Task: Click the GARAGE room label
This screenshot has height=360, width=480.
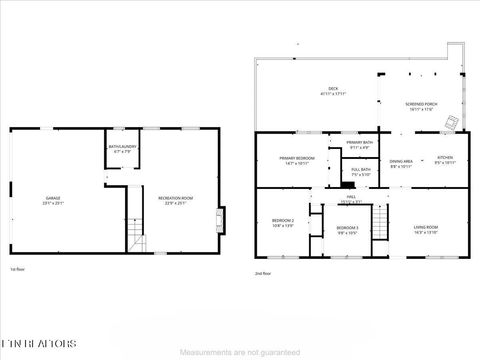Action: [x=52, y=199]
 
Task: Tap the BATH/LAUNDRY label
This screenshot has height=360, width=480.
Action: [x=122, y=150]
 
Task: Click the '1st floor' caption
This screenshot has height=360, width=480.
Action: [x=18, y=268]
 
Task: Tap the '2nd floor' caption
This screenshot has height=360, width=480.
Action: [x=263, y=271]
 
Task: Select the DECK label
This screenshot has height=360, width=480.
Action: [x=332, y=90]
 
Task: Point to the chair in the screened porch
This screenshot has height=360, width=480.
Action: [x=452, y=122]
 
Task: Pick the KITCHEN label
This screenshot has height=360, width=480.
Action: [x=446, y=161]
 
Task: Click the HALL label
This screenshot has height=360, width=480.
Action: [x=351, y=198]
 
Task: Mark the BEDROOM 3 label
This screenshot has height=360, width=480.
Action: [x=347, y=230]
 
